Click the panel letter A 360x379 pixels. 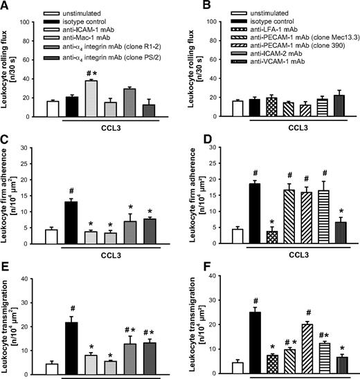click(6, 6)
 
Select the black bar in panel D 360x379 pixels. click(234, 214)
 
